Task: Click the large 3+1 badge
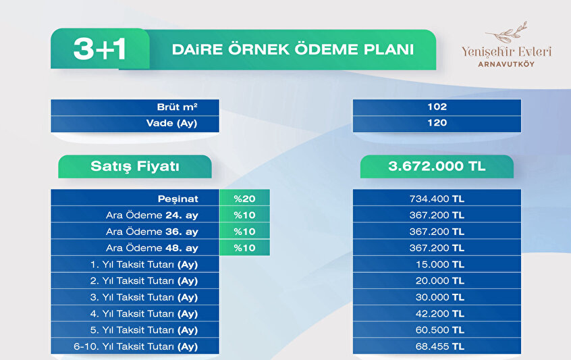point(100,49)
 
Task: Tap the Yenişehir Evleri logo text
point(506,52)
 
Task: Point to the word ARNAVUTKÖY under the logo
point(506,64)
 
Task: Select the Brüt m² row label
point(177,107)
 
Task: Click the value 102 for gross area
point(437,107)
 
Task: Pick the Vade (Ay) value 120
point(437,123)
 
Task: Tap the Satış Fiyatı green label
point(135,167)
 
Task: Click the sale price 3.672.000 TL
point(437,166)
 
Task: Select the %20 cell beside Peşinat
point(245,199)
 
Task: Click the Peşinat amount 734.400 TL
point(437,199)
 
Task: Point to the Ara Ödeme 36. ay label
point(152,232)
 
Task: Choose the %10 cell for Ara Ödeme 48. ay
point(245,248)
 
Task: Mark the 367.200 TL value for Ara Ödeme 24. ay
point(437,215)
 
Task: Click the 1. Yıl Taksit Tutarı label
point(144,265)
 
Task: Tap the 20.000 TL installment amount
point(440,281)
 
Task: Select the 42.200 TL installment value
point(440,313)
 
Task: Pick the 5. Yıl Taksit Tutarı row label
point(144,330)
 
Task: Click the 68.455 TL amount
point(440,346)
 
